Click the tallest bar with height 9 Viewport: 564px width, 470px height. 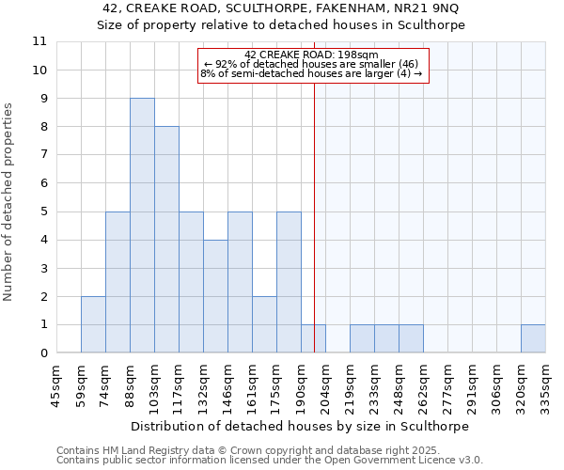(x=142, y=226)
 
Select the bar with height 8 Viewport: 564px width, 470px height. (x=166, y=240)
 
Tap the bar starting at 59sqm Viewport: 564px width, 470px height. (x=93, y=324)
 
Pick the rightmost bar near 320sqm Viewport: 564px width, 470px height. (x=533, y=338)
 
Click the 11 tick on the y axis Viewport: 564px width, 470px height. (x=39, y=41)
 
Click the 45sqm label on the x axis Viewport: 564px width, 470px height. (x=56, y=386)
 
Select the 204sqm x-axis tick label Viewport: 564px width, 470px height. (x=325, y=386)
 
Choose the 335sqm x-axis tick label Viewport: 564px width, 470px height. (x=545, y=386)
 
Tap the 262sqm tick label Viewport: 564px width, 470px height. (x=423, y=386)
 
